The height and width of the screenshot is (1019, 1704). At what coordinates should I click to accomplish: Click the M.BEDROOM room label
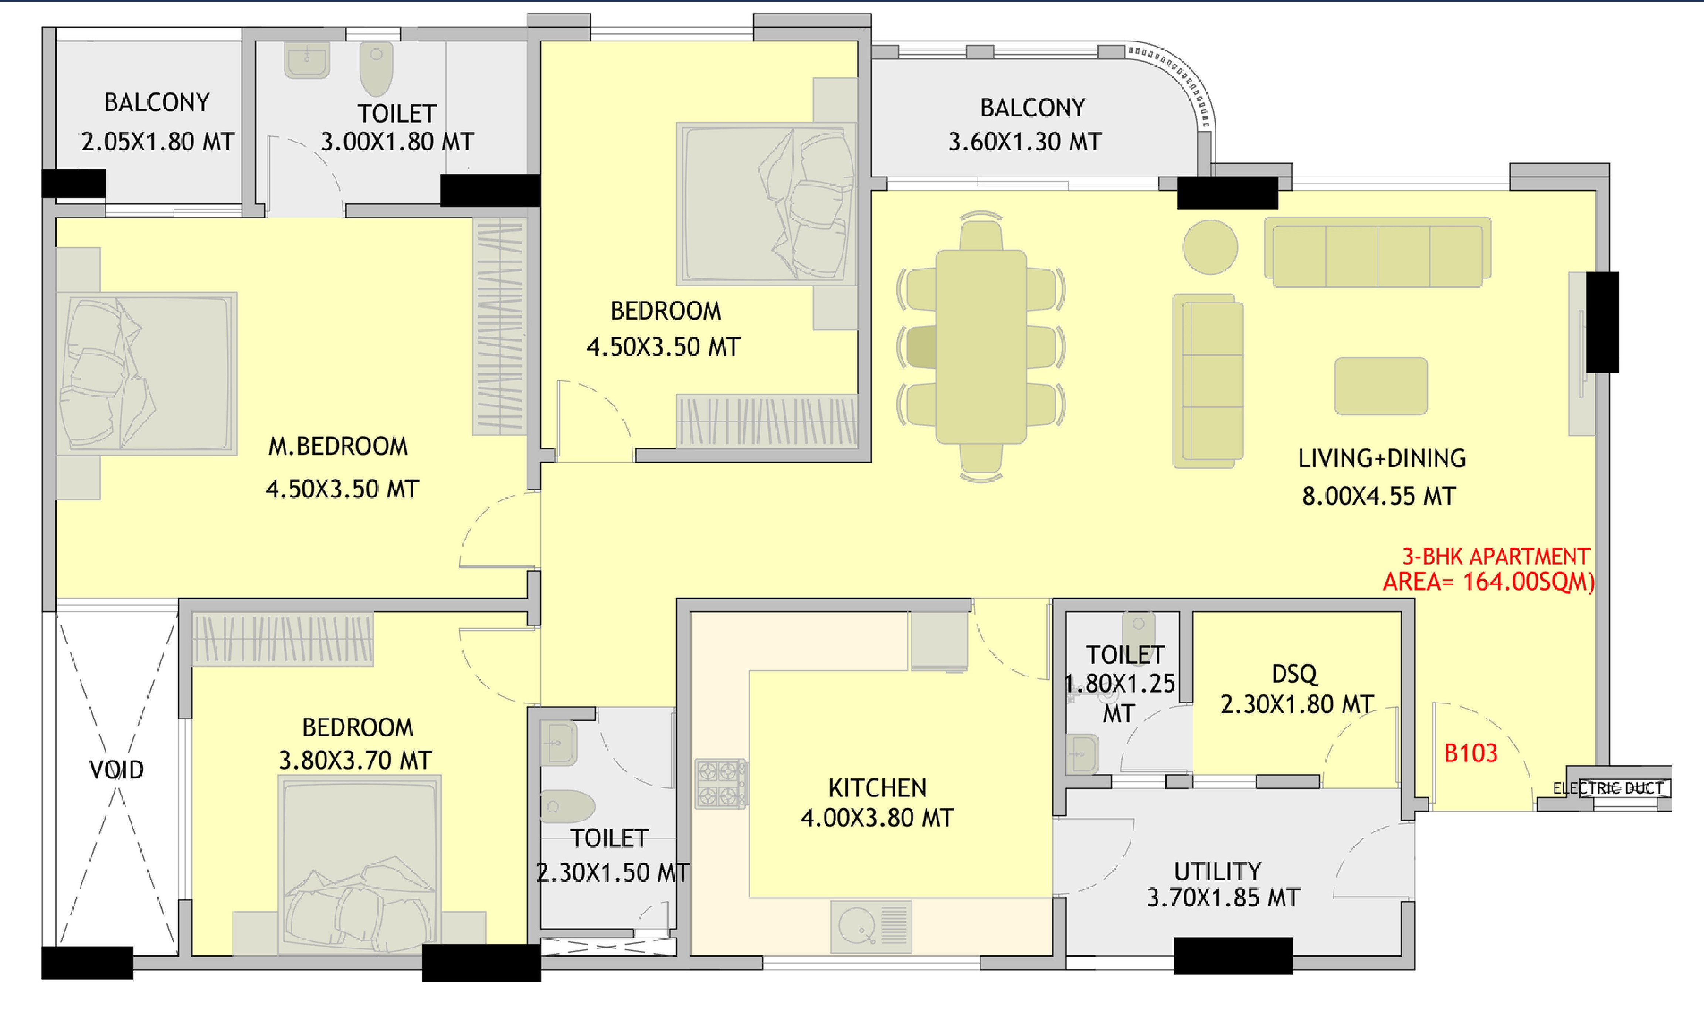338,447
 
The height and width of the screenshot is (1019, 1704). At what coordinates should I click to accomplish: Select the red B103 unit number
1470,753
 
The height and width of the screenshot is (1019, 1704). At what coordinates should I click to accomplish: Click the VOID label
117,770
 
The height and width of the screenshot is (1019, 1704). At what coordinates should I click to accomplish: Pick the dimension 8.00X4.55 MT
1379,496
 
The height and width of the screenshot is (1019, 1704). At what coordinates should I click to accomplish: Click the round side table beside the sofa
1211,247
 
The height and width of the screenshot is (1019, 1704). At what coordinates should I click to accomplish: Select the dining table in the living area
981,347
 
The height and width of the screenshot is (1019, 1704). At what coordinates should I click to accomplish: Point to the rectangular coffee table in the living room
1381,386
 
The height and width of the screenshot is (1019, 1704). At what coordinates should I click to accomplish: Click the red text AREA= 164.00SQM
1488,582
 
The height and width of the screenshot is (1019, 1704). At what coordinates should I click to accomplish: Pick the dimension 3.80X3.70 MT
355,760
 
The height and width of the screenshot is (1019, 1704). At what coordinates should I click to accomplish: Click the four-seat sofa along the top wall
1377,252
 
